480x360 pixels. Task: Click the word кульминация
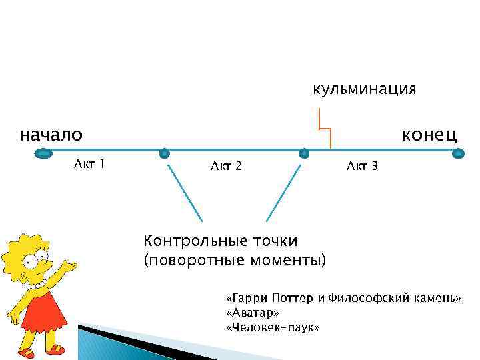click(365, 89)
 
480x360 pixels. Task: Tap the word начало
click(51, 135)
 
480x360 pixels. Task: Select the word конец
click(429, 135)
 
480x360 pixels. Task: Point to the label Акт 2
click(226, 166)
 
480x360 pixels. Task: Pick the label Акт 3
click(362, 166)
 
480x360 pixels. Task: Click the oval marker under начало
click(43, 154)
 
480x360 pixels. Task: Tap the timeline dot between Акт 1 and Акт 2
click(165, 153)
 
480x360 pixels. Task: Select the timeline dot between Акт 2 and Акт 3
click(304, 153)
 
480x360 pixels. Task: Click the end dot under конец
click(457, 153)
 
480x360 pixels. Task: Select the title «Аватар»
click(253, 313)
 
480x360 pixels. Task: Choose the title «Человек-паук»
click(273, 327)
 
